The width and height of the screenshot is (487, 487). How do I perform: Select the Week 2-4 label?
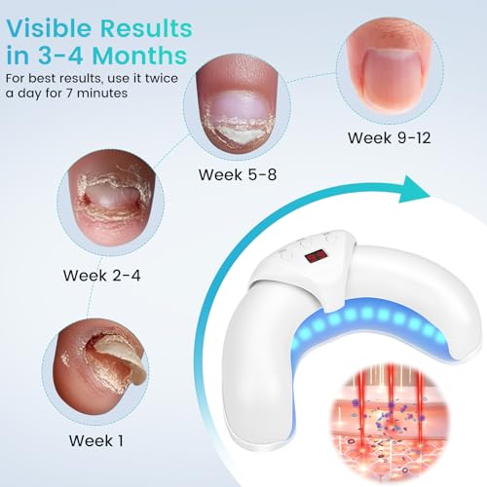(x=101, y=275)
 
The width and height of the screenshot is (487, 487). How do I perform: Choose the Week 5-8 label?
(x=238, y=175)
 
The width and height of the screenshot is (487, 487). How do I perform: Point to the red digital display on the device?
(x=316, y=257)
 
